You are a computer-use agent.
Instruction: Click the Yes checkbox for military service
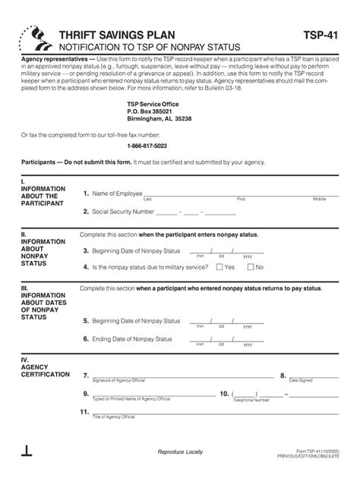pyautogui.click(x=219, y=267)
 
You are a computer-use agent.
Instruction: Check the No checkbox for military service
pyautogui.click(x=251, y=267)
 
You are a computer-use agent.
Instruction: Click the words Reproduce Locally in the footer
pyautogui.click(x=180, y=452)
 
